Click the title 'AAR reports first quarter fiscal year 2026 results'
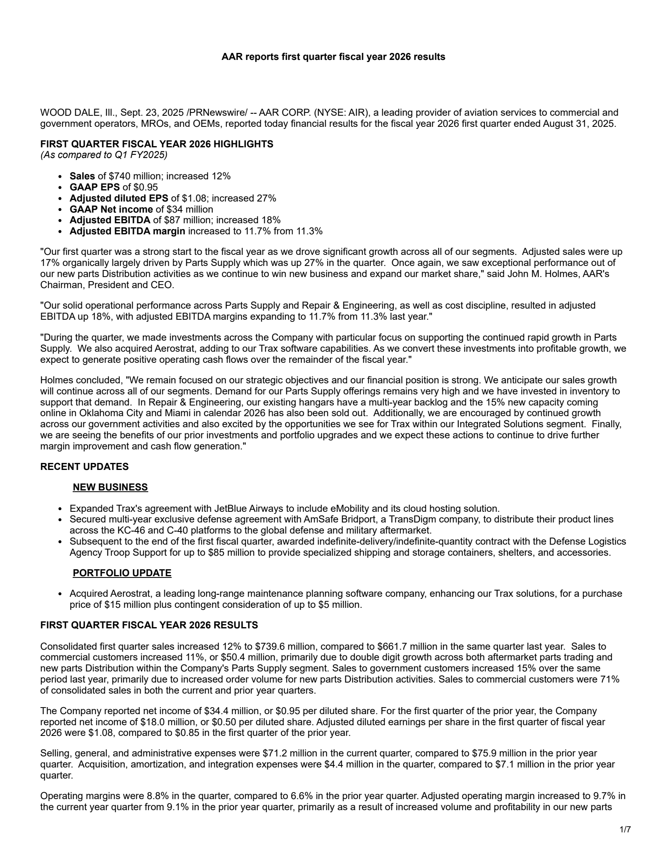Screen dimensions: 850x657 point(333,57)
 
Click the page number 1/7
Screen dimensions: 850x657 point(625,830)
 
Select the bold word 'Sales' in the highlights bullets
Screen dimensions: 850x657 point(82,176)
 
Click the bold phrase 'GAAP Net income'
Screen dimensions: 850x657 point(111,209)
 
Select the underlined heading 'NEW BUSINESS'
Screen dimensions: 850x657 point(110,487)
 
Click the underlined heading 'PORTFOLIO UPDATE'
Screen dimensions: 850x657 point(122,573)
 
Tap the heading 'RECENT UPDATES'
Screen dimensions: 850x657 point(84,467)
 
